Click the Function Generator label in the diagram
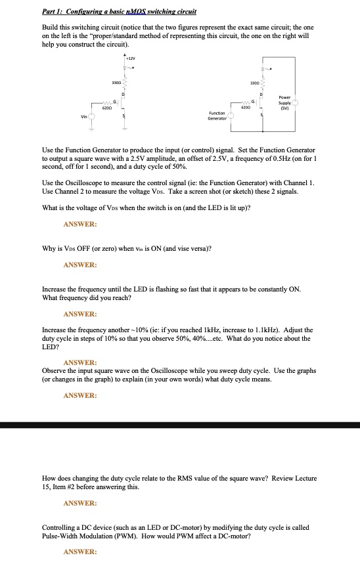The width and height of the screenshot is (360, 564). tap(217, 116)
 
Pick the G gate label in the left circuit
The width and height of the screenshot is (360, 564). tap(116, 101)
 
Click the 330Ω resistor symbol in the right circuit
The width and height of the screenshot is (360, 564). tap(262, 83)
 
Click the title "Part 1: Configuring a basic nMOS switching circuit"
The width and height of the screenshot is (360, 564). tap(119, 12)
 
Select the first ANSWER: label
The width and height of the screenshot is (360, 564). tap(80, 225)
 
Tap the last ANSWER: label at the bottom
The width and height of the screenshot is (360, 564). tap(80, 552)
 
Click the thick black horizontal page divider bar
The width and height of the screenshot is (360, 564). tap(180, 425)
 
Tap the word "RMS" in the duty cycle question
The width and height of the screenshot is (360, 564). tap(186, 478)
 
